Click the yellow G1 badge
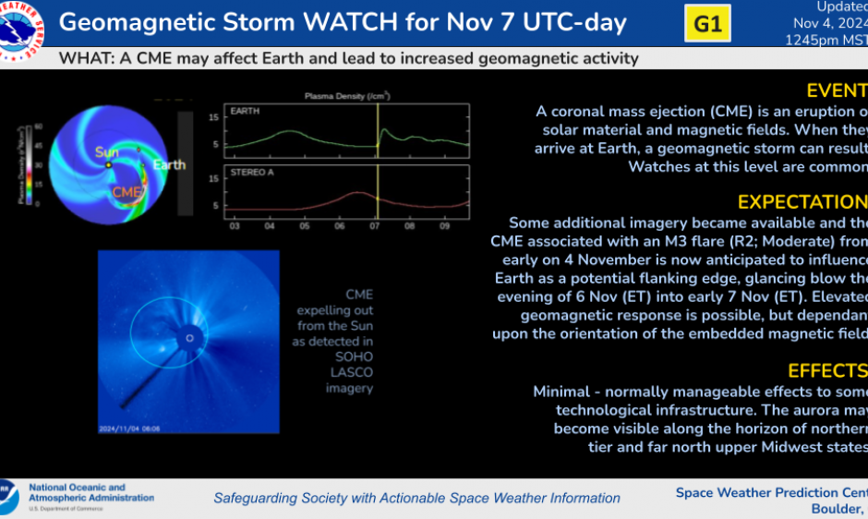tap(706, 25)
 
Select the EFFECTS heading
tap(826, 370)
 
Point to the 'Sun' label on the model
tap(106, 151)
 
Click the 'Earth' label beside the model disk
tap(169, 165)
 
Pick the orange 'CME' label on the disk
tap(126, 192)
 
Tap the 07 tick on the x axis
tap(377, 225)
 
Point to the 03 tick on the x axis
tap(235, 225)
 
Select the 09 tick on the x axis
tap(447, 225)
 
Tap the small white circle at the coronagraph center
tap(190, 338)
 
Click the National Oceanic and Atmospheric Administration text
tap(90, 493)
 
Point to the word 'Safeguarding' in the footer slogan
tap(255, 498)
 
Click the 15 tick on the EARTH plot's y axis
tap(213, 116)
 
